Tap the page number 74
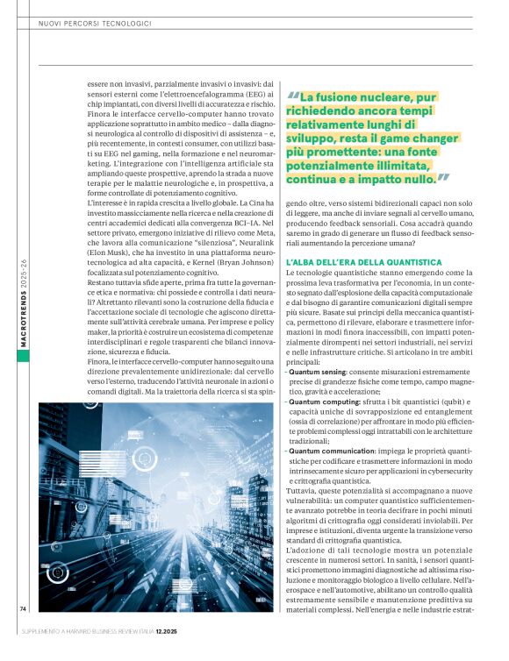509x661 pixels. (x=24, y=608)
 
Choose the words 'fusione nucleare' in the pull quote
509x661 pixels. (x=348, y=97)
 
